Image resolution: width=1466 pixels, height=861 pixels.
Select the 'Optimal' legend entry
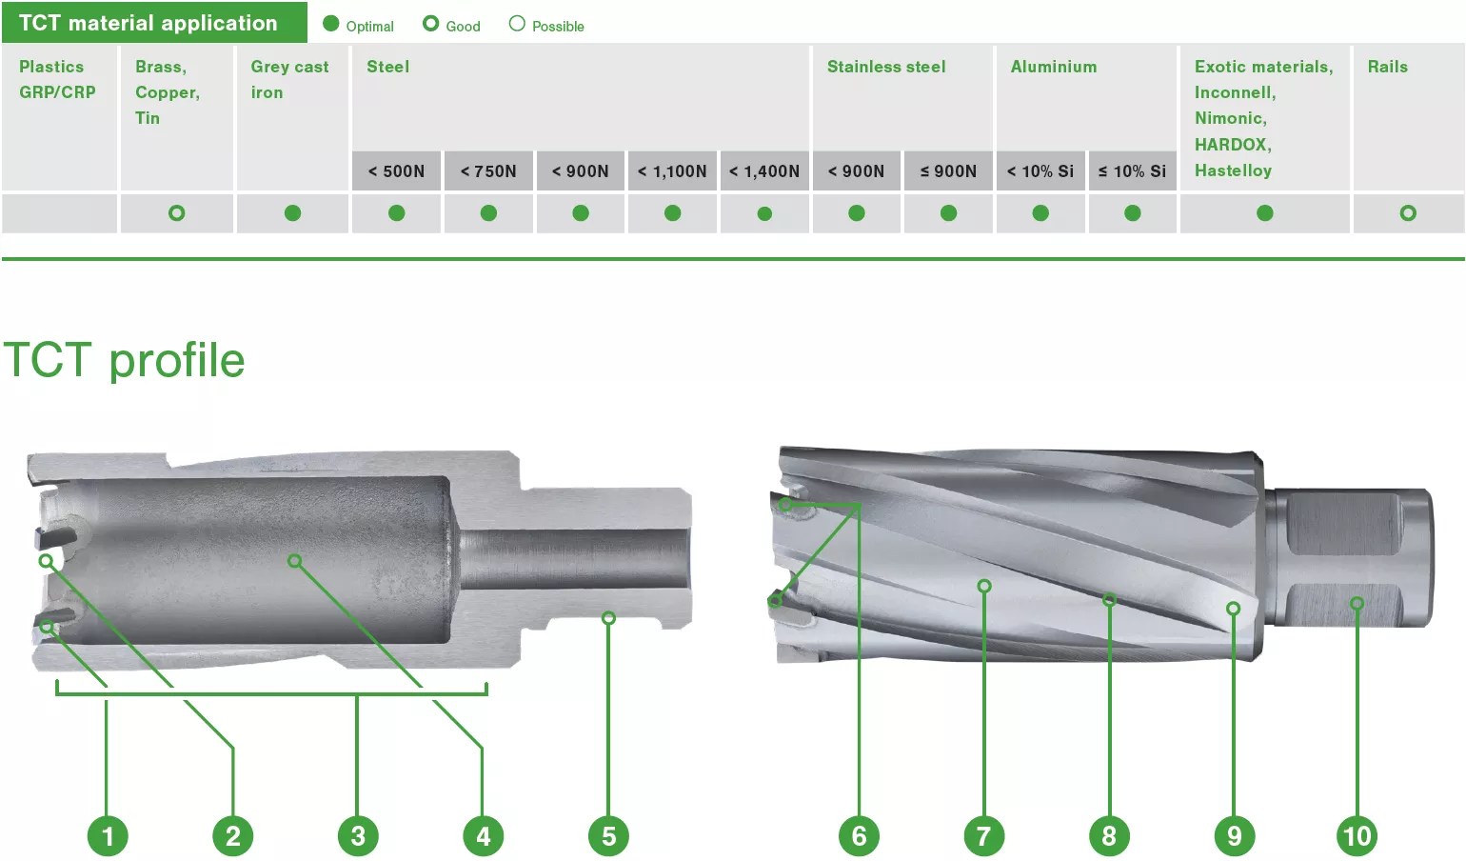[x=358, y=26]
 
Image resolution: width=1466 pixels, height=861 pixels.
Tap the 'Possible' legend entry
[x=546, y=26]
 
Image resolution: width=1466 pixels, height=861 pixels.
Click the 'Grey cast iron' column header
[x=289, y=79]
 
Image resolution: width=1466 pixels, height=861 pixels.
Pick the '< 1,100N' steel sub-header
[x=672, y=171]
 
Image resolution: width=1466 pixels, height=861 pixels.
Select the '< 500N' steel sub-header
[x=396, y=171]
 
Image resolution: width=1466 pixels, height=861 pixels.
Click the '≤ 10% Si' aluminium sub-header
[x=1132, y=171]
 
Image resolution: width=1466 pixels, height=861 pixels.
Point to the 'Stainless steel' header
[x=886, y=67]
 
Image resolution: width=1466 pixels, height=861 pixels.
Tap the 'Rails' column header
[x=1387, y=67]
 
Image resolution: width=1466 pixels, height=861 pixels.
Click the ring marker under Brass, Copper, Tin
[x=176, y=213]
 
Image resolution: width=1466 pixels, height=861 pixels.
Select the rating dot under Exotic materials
[x=1264, y=213]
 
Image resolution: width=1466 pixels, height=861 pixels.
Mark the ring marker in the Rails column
[x=1408, y=213]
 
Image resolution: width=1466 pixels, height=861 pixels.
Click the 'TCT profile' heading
[x=125, y=360]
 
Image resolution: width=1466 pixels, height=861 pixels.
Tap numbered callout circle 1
[x=108, y=836]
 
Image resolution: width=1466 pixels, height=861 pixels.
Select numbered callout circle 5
[x=609, y=836]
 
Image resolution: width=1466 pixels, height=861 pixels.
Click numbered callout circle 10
[x=1357, y=836]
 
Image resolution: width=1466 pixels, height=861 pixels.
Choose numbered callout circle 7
[x=983, y=836]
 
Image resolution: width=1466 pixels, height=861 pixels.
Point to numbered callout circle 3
[x=358, y=836]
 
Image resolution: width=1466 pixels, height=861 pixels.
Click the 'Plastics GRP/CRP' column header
[x=57, y=79]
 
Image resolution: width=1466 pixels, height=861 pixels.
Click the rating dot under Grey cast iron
[x=292, y=213]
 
